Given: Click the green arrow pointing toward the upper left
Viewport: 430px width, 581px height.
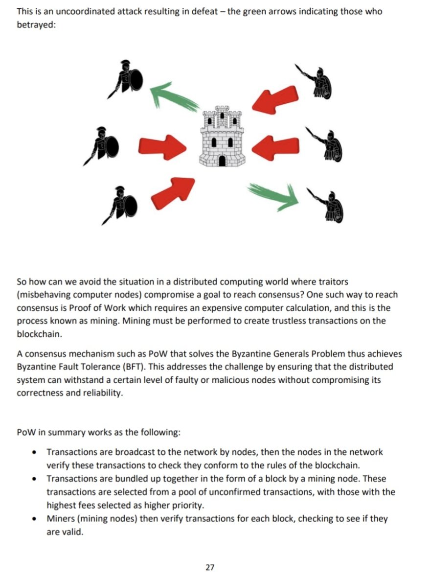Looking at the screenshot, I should pos(174,96).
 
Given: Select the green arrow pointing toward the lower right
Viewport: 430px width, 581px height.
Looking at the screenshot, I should pos(273,195).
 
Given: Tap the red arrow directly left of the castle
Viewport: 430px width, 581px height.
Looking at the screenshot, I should pos(162,145).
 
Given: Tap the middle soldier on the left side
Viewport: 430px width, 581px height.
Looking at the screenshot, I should pos(103,144).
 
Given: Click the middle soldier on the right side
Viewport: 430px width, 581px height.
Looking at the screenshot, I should pos(327,145).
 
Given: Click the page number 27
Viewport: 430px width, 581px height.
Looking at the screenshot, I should pos(210,567).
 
